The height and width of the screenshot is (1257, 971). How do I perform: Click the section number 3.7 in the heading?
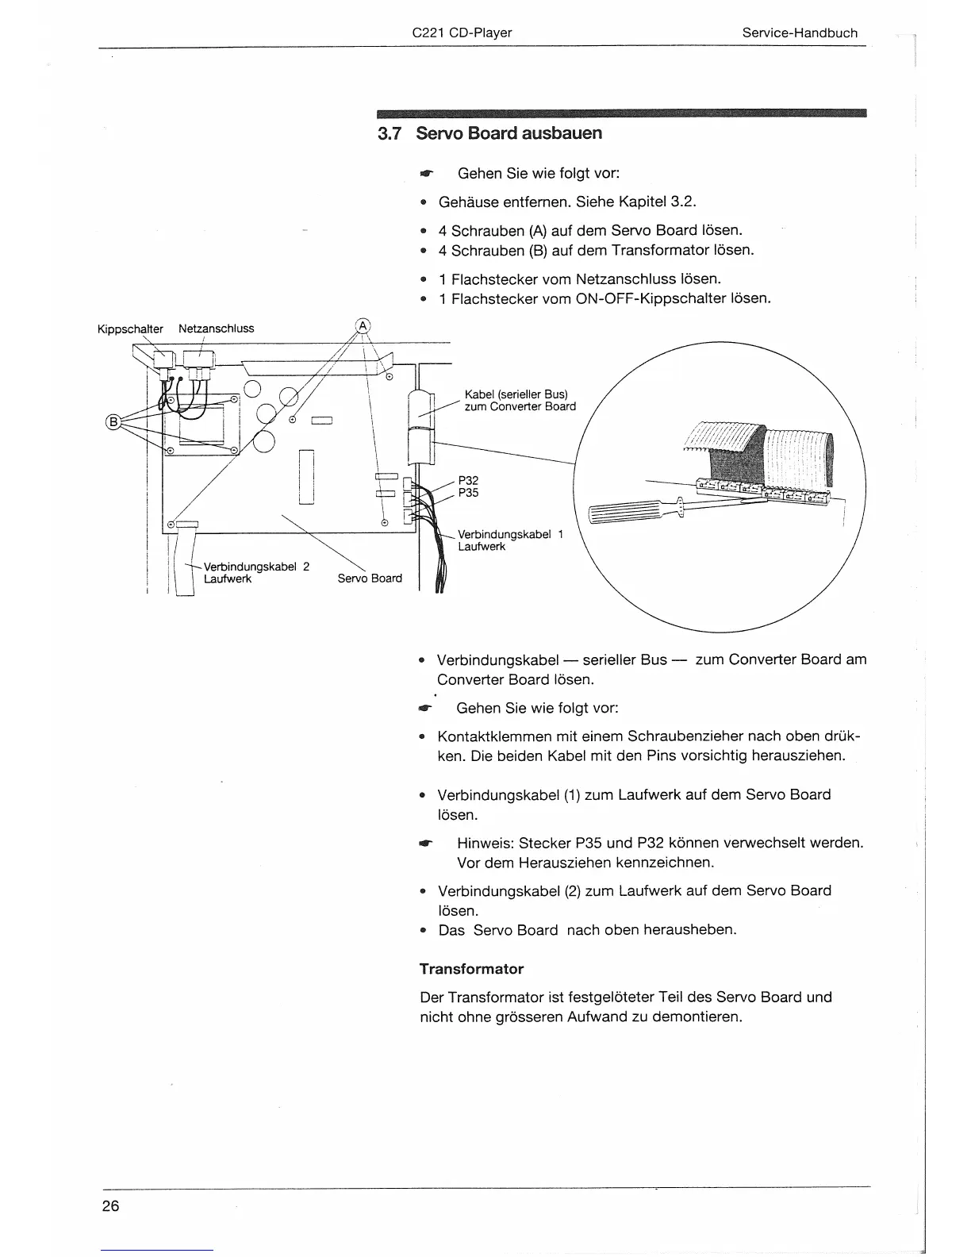[390, 133]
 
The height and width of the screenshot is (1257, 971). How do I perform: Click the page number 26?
[110, 1206]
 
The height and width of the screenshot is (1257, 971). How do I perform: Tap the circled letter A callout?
[363, 325]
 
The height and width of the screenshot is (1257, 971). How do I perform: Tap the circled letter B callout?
[113, 421]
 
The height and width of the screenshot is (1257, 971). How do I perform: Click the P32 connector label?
[468, 480]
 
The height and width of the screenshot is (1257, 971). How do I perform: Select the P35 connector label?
[468, 493]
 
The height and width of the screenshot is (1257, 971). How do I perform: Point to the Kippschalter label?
[130, 329]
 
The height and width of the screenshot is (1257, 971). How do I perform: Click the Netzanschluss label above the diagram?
[216, 329]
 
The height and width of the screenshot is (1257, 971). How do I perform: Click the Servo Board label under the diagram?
[370, 579]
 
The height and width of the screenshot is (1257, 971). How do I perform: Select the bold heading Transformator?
[471, 969]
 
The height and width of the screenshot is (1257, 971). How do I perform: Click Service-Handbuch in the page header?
[800, 33]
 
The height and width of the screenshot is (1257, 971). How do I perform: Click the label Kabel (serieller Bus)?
[516, 394]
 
